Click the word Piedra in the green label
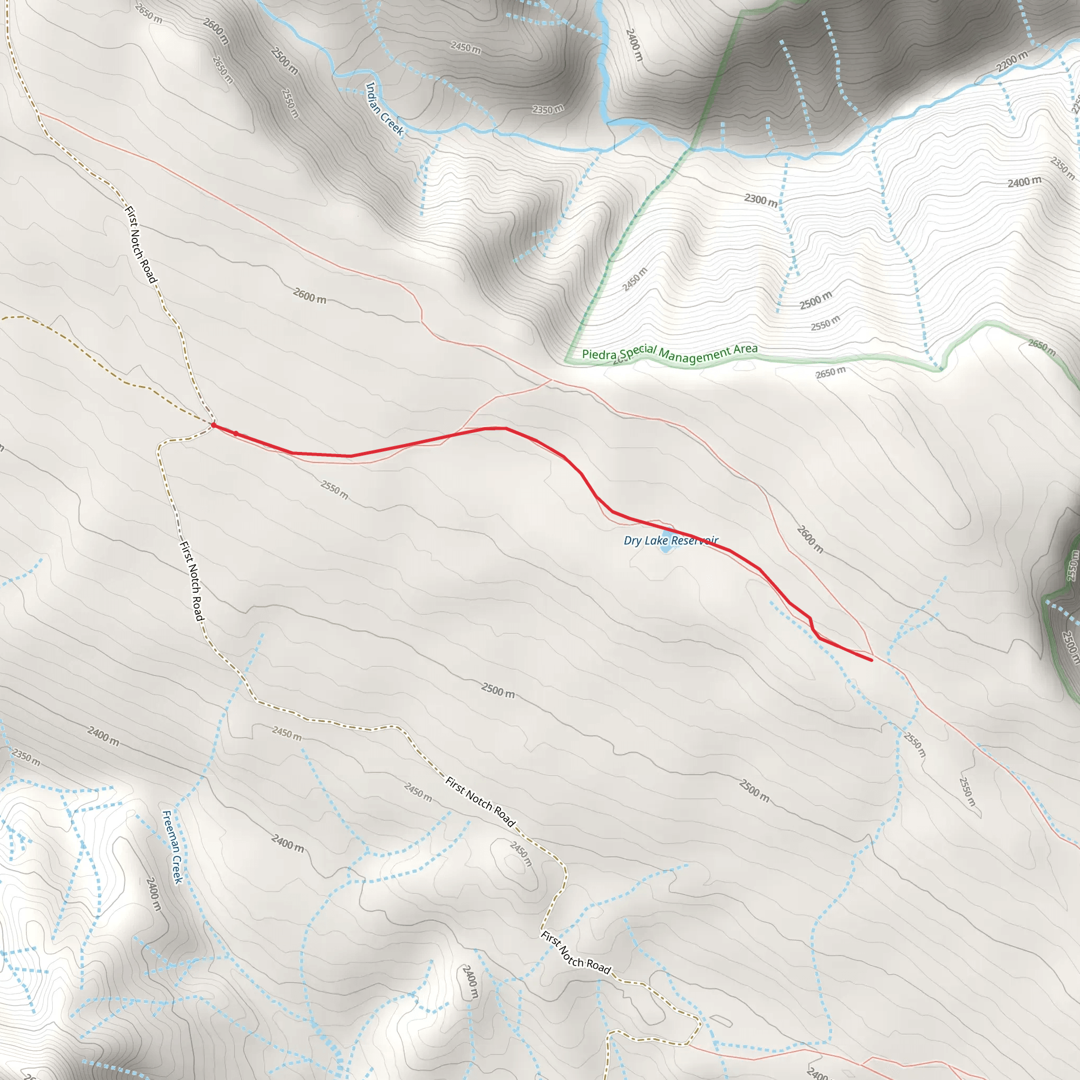[599, 354]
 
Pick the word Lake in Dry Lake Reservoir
[656, 541]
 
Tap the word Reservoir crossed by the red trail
[695, 541]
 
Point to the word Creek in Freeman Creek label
[177, 870]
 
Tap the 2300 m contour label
[760, 199]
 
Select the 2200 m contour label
[1011, 62]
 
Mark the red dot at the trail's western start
[214, 426]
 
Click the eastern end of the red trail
[871, 660]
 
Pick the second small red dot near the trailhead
[236, 434]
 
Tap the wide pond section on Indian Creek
[626, 122]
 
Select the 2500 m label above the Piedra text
[816, 300]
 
